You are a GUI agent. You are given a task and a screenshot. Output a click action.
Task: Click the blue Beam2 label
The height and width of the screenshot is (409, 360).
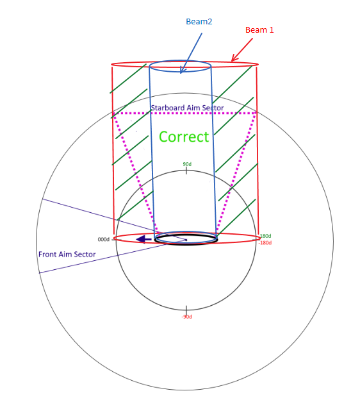point(199,21)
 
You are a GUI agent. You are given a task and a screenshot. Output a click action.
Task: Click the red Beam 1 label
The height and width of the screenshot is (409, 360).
point(259,30)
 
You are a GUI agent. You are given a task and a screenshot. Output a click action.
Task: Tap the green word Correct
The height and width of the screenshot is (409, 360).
point(184,137)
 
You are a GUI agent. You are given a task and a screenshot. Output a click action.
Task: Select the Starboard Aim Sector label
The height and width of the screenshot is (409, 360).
point(187,108)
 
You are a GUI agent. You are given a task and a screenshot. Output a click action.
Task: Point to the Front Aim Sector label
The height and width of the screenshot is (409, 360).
point(67,255)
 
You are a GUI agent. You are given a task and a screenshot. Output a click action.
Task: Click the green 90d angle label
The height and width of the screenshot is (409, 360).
point(187,164)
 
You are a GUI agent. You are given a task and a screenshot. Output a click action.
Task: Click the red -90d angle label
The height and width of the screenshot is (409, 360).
point(186,317)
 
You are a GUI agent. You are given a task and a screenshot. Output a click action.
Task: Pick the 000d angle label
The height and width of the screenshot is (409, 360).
point(104,240)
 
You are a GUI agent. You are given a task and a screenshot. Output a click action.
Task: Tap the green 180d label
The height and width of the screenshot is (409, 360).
point(265,236)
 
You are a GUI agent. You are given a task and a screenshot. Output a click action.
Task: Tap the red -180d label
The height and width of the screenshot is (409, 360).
point(265,243)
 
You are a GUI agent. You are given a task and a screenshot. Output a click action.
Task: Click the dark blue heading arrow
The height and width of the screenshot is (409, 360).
point(143,239)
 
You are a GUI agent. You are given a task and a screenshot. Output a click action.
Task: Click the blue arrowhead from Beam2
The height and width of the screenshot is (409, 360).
point(183,70)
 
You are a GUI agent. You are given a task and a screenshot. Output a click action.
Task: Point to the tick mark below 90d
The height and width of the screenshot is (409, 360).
point(186,171)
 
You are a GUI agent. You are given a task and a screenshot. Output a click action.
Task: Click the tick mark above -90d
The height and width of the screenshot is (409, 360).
point(186,310)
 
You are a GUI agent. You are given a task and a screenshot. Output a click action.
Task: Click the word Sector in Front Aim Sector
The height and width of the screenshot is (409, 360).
point(85,255)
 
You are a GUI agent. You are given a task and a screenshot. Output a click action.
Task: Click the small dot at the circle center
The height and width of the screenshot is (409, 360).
point(186,240)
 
